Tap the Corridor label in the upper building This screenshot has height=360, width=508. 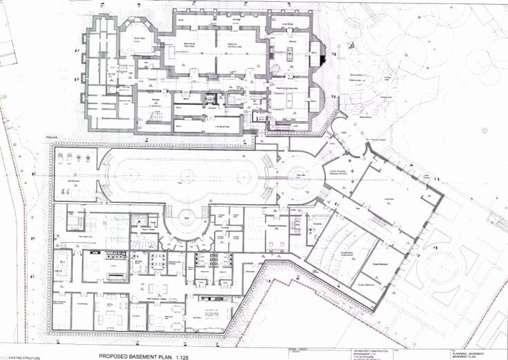(153, 80)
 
